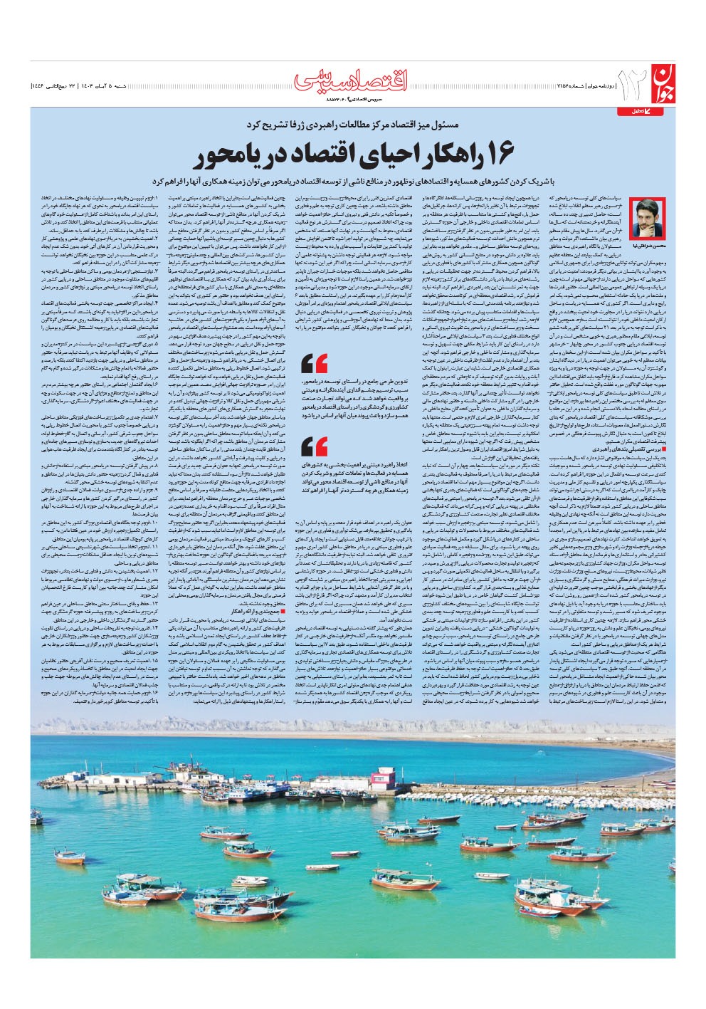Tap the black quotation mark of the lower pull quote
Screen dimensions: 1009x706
click(x=314, y=447)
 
